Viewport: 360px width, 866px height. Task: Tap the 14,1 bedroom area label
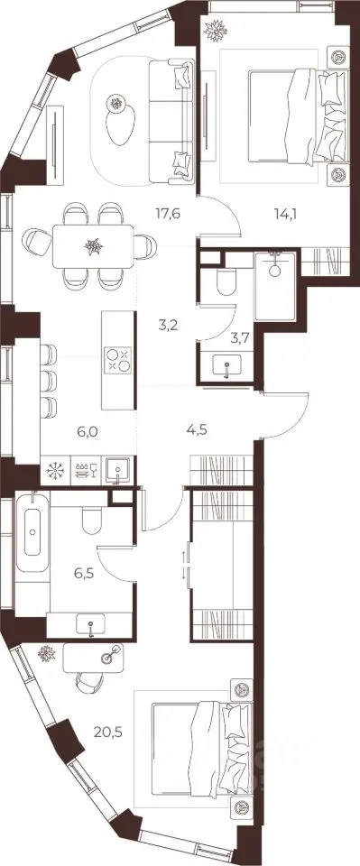(x=285, y=213)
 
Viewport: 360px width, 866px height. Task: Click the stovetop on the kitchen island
(x=118, y=360)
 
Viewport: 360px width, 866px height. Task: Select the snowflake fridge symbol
(x=55, y=470)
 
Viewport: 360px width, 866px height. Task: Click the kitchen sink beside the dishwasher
(x=117, y=471)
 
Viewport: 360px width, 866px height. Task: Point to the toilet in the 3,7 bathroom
(x=226, y=283)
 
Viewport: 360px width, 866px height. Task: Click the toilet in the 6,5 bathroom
(x=90, y=521)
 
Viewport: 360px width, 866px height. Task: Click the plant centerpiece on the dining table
(x=94, y=245)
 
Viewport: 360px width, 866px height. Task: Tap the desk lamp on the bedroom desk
(x=109, y=655)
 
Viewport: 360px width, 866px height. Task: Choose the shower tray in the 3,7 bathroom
(x=275, y=285)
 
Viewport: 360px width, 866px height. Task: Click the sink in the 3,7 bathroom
(x=226, y=365)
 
